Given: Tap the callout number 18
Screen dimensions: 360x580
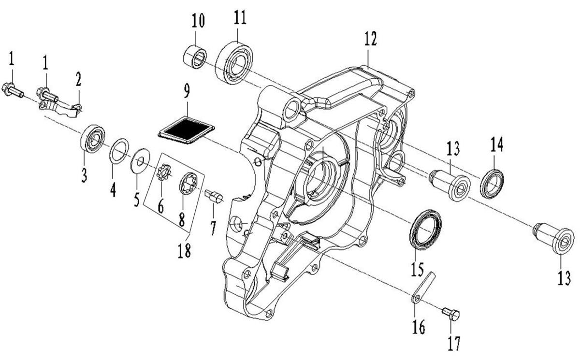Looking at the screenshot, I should [x=184, y=250].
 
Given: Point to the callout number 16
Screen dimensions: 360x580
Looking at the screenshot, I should [x=419, y=328].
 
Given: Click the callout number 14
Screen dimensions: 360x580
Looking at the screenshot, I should [x=496, y=144].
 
